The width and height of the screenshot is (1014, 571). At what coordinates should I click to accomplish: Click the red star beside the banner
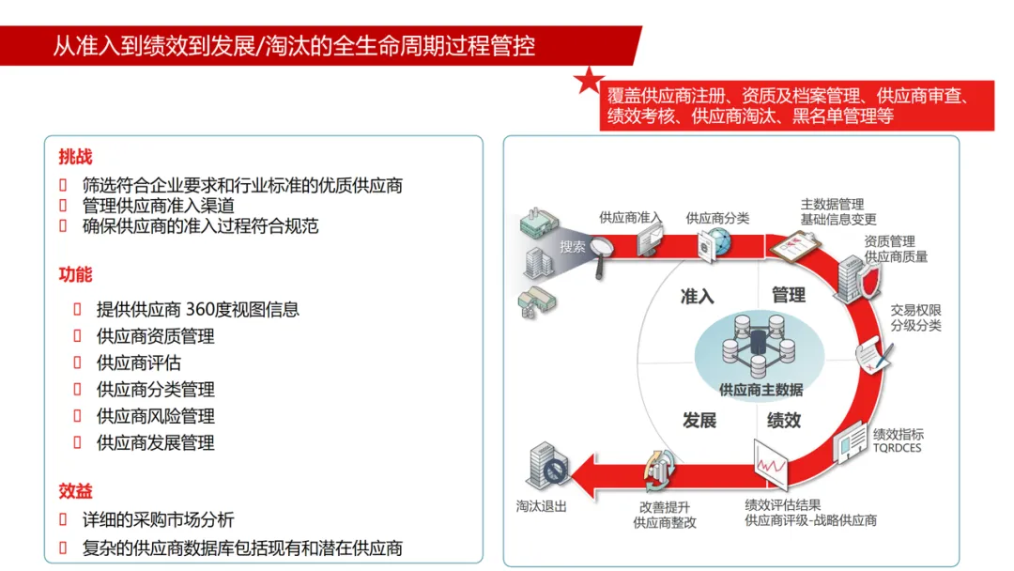click(x=589, y=80)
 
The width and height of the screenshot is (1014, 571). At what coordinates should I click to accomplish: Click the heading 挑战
click(x=75, y=158)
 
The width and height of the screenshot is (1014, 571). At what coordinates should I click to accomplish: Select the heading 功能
click(x=75, y=275)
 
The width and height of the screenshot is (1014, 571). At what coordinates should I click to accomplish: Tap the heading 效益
click(x=75, y=491)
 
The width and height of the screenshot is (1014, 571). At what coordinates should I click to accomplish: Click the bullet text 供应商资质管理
click(x=155, y=336)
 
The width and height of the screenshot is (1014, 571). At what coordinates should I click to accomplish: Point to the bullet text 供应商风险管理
click(x=155, y=416)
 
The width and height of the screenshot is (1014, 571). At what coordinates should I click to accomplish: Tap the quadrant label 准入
click(x=698, y=297)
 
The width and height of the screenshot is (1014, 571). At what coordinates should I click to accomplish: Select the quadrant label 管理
click(x=789, y=295)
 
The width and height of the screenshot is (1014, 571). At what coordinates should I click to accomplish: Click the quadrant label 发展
click(x=699, y=421)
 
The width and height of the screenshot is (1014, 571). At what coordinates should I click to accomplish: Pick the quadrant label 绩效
click(x=784, y=421)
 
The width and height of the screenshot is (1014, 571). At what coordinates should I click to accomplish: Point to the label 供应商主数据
click(x=760, y=389)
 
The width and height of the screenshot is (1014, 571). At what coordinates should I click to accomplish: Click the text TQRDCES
click(x=897, y=448)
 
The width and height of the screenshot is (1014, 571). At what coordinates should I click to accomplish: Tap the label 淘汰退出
click(x=542, y=504)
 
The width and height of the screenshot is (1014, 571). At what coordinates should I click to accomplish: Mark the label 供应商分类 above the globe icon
click(x=717, y=218)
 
